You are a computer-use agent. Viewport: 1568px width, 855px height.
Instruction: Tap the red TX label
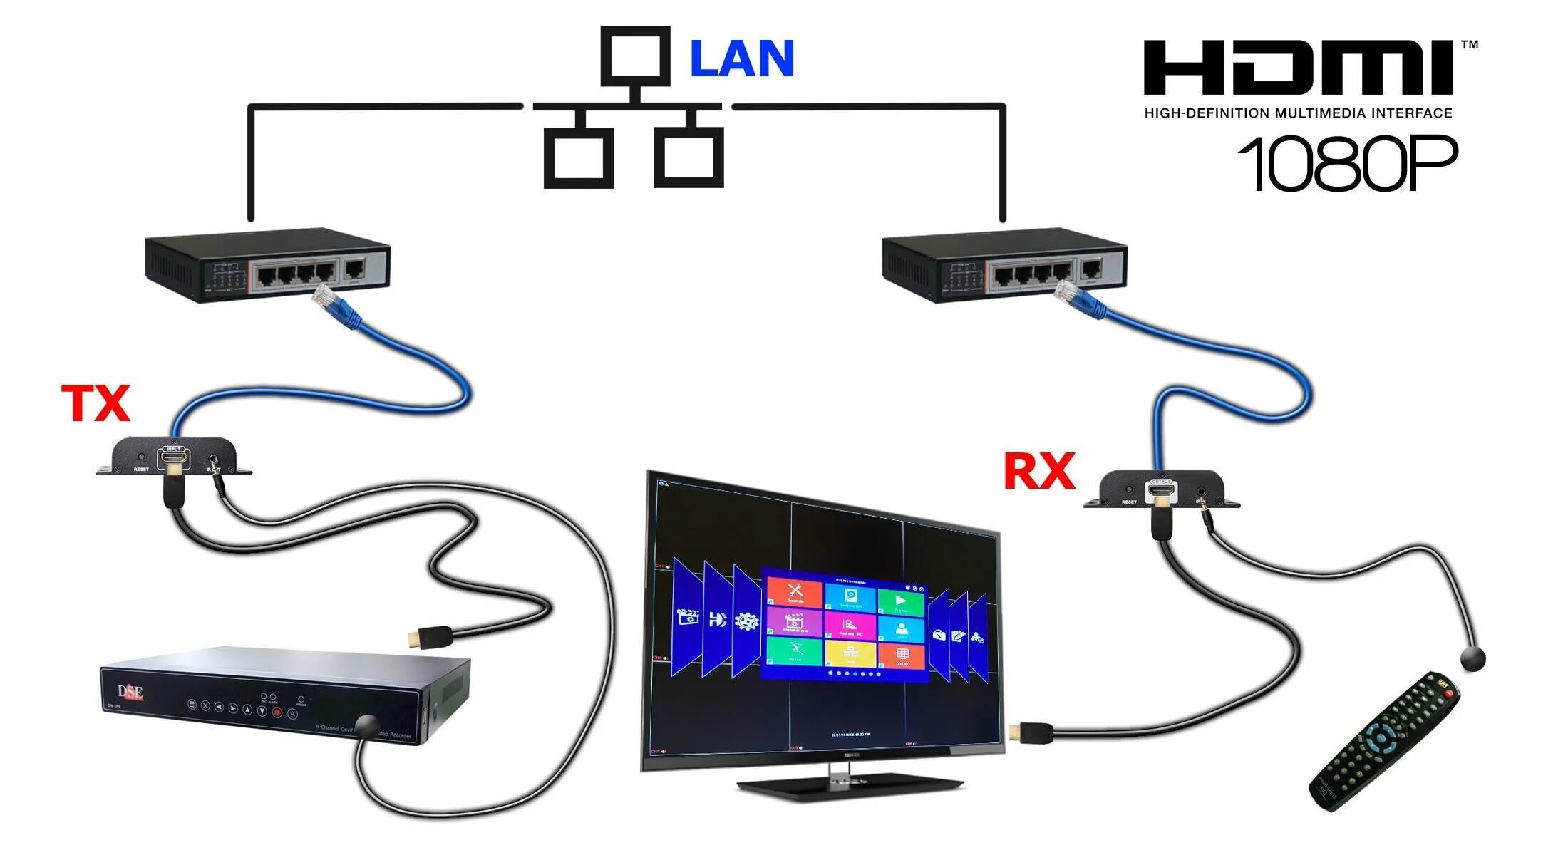point(96,403)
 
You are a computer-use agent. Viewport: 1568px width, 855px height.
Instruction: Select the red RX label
point(1038,471)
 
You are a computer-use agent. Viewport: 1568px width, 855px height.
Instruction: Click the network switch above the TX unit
point(268,265)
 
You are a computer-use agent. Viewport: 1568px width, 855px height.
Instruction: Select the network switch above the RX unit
point(1005,265)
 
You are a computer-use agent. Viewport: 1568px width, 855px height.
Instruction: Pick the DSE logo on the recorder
point(130,692)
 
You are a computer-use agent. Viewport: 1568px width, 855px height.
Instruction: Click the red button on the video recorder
point(277,712)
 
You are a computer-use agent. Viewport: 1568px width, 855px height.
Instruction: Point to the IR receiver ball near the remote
point(1472,658)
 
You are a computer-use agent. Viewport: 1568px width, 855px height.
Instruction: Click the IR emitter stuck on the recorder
point(368,726)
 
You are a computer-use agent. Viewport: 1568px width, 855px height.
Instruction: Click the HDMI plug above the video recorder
point(429,636)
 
